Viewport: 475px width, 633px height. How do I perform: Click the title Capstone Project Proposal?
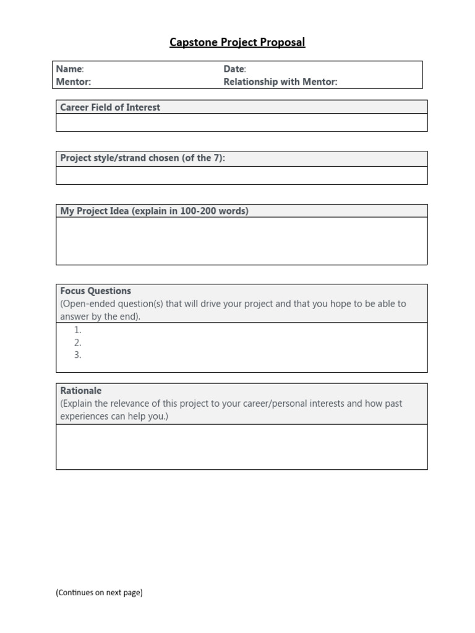click(237, 43)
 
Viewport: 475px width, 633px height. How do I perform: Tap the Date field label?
click(234, 69)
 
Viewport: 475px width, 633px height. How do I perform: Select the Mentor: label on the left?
click(73, 82)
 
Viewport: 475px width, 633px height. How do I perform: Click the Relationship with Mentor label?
click(280, 82)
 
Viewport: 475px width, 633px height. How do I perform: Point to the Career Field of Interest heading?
click(110, 108)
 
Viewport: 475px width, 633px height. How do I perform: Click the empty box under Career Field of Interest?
click(241, 122)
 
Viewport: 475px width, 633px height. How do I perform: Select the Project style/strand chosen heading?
click(142, 158)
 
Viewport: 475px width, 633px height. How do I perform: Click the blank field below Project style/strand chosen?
click(241, 176)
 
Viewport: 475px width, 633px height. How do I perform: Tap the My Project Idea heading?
click(154, 211)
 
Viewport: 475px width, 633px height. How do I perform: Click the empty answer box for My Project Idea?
click(241, 241)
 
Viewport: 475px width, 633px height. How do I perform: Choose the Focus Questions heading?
click(95, 291)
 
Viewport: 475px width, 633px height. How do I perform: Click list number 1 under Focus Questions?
click(78, 330)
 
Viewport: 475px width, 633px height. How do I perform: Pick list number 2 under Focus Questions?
click(78, 342)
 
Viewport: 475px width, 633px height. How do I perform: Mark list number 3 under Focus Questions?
click(78, 355)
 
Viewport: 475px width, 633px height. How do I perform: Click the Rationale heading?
click(80, 391)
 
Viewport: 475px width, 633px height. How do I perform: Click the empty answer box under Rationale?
click(241, 447)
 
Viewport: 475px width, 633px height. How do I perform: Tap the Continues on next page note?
click(99, 592)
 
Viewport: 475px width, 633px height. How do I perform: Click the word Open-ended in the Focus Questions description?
click(87, 304)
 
